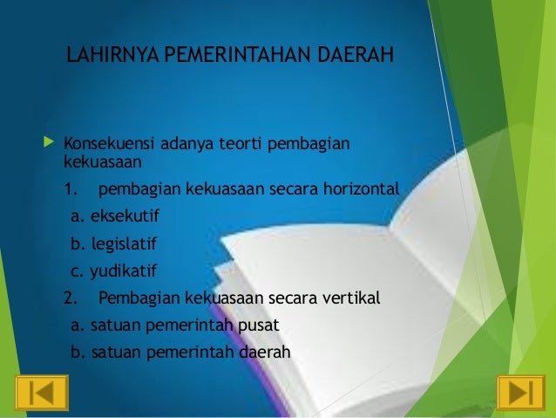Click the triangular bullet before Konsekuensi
47,141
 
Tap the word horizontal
360,189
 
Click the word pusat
258,325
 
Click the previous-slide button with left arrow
41,393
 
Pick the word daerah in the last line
264,353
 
